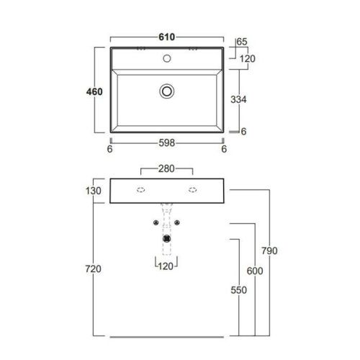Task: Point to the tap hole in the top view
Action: [167, 58]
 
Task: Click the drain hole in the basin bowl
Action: [167, 91]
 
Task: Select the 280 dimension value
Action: [167, 170]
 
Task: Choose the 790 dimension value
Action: [270, 251]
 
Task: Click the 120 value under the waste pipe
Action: [167, 266]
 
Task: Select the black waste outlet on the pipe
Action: [167, 237]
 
